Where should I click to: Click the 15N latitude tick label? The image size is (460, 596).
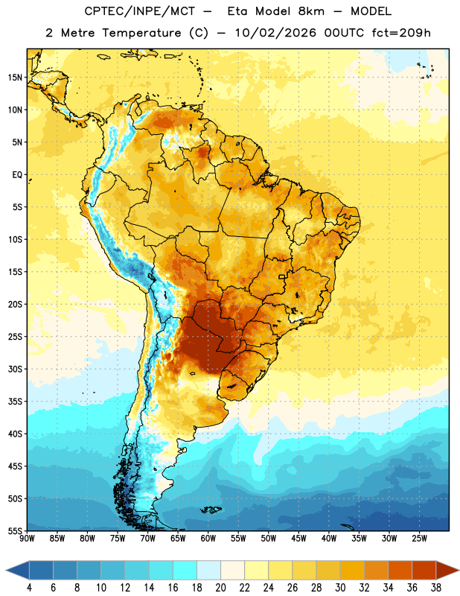(x=15, y=77)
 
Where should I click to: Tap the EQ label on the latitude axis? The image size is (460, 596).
(x=17, y=175)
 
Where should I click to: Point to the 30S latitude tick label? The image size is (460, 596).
(x=15, y=369)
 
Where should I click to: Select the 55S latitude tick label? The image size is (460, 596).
(x=15, y=531)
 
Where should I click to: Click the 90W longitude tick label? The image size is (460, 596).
(x=27, y=539)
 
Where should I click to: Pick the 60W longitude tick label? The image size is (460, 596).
(x=208, y=539)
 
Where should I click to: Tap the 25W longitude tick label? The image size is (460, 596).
(x=419, y=539)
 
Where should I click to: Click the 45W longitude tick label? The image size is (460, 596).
(x=298, y=539)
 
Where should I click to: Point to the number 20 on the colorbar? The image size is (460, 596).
(x=220, y=588)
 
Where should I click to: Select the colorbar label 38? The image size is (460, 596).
(x=435, y=588)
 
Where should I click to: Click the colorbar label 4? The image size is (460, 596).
(x=29, y=588)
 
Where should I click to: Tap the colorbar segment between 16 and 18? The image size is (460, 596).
(x=185, y=571)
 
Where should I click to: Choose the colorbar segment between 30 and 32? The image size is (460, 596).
(x=352, y=571)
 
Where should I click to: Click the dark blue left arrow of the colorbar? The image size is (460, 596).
(x=18, y=571)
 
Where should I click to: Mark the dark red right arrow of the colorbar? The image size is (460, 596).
(x=447, y=571)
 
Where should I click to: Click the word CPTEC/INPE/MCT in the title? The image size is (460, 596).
(x=140, y=11)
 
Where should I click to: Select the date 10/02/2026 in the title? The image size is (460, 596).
(x=275, y=33)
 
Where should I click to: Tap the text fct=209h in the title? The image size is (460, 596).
(x=401, y=33)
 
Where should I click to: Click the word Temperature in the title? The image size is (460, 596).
(x=141, y=34)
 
